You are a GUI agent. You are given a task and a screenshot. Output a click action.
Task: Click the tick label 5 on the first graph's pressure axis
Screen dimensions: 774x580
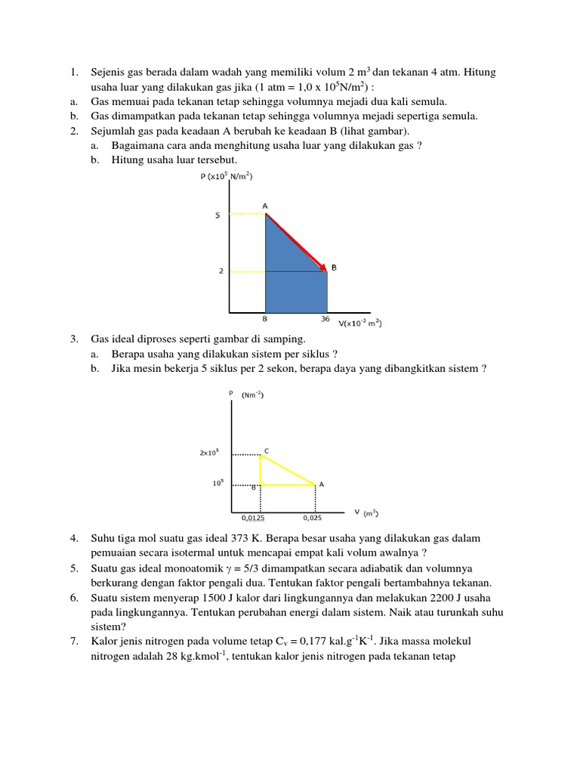[217, 215]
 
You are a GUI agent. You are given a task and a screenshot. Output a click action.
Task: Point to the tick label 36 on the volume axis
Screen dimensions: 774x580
[325, 319]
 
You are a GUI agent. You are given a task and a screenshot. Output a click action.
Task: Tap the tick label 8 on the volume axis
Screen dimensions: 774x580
[264, 319]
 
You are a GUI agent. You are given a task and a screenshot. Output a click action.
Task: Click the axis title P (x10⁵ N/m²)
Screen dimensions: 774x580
[226, 176]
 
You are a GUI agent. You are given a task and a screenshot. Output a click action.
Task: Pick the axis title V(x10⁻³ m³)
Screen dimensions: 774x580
[360, 324]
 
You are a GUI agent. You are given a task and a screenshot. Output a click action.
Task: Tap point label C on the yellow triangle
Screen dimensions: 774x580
[267, 451]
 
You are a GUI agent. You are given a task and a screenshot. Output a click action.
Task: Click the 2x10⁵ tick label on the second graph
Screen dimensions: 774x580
[209, 454]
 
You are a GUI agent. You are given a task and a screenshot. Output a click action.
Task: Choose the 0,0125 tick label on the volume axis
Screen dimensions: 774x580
[253, 519]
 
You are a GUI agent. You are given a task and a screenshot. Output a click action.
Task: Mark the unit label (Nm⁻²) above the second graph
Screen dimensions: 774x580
[252, 395]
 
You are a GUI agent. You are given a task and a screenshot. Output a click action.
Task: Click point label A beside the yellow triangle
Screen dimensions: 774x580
[322, 485]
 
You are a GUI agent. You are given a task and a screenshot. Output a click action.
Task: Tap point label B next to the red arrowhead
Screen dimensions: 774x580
[334, 268]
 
